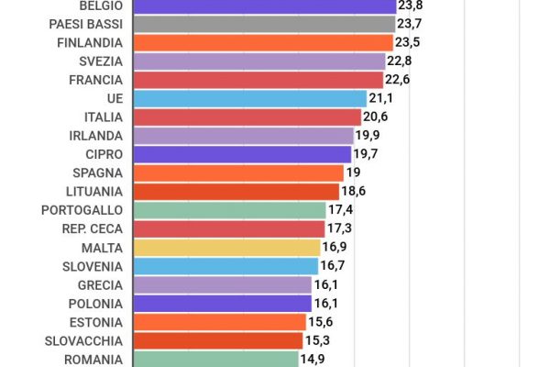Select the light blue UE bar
tap(249, 98)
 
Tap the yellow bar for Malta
tap(226, 247)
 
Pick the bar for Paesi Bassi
tap(264, 24)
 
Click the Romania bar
tap(215, 359)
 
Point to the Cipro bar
tap(242, 154)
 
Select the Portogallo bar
tap(229, 210)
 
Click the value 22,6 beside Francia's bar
tap(397, 79)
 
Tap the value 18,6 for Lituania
tap(353, 191)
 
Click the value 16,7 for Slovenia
tap(332, 265)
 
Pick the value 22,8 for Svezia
tap(400, 61)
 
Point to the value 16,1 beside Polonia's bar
tap(326, 303)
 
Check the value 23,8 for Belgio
tap(410, 5)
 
